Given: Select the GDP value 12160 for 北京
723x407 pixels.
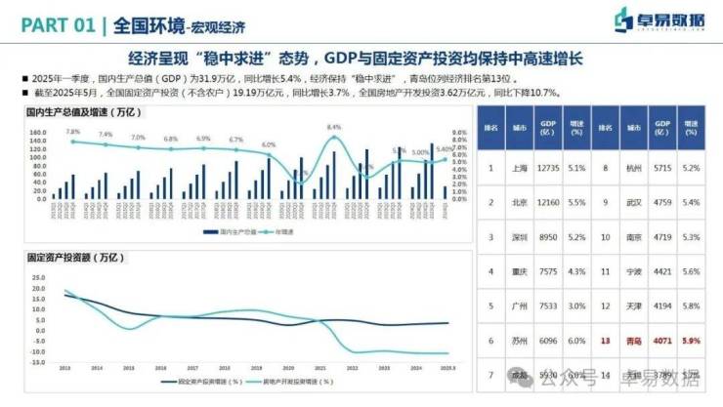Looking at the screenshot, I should [x=549, y=202].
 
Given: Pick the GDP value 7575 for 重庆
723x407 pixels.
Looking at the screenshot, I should [x=549, y=272].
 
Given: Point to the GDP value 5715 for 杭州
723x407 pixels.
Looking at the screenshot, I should [x=662, y=167].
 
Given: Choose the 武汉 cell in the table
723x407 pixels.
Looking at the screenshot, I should [x=634, y=202].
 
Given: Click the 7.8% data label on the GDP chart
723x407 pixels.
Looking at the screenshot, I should [x=73, y=131].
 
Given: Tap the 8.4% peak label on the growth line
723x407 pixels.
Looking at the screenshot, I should [x=334, y=127].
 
